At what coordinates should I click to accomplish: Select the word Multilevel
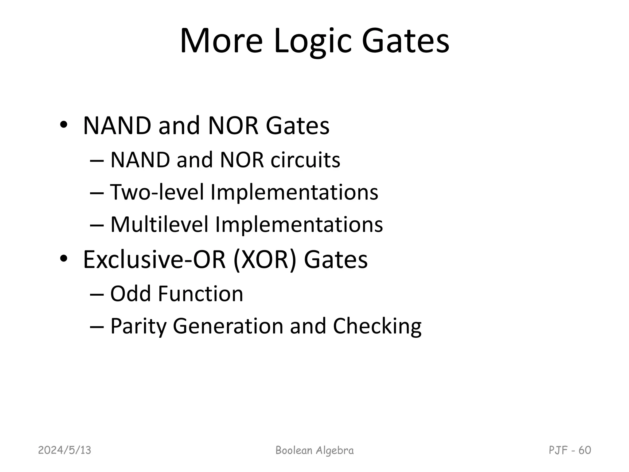click(159, 224)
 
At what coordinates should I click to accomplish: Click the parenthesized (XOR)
click(265, 260)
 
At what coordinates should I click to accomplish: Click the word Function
click(200, 294)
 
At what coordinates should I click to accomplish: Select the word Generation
click(228, 326)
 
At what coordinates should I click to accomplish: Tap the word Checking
click(377, 326)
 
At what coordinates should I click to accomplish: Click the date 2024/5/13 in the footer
click(64, 450)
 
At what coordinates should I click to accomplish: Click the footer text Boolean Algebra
click(314, 450)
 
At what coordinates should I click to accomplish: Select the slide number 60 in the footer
click(585, 450)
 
